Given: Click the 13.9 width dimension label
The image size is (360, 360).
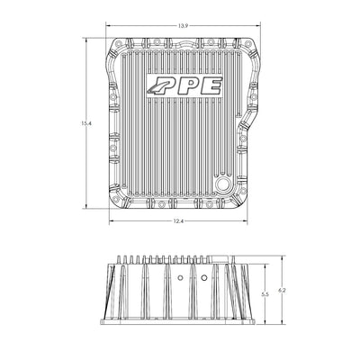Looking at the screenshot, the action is coord(183,26).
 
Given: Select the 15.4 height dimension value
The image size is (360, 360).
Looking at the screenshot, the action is coord(85,123).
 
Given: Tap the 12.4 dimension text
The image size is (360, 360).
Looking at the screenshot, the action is coord(178,221).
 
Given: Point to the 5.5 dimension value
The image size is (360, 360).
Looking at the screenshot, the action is coord(265,294).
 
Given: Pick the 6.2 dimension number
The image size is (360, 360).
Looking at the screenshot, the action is coord(282,290).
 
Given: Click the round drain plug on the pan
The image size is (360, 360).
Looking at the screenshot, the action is coord(222,184).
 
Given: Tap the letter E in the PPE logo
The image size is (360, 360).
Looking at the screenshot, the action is coord(211,85).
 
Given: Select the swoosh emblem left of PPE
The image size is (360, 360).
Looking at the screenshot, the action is coord(155,87).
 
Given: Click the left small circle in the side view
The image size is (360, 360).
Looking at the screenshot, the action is coord(180,277).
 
